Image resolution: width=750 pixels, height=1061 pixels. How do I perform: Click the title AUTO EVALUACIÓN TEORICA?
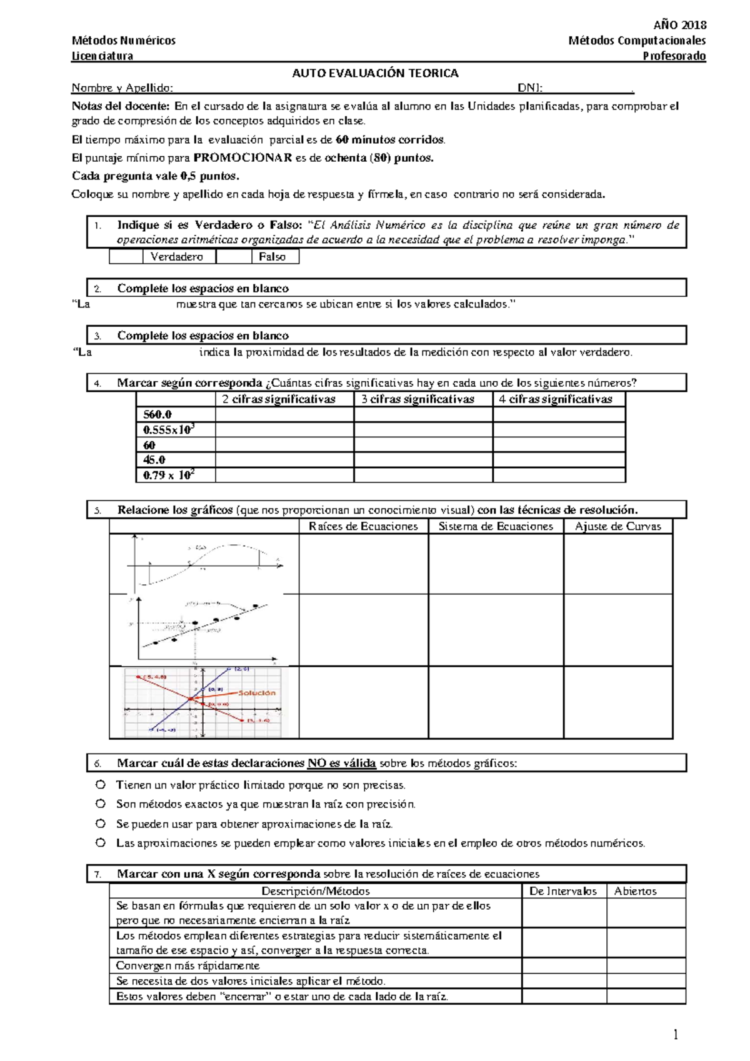[x=375, y=73]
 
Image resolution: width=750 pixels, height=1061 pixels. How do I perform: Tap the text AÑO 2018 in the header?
[x=679, y=25]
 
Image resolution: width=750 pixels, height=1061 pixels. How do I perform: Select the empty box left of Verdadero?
[x=126, y=257]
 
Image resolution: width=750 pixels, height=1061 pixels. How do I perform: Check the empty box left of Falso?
[x=234, y=257]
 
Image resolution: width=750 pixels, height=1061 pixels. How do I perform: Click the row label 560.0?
[x=157, y=414]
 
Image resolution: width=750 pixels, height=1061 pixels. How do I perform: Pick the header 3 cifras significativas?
[x=417, y=399]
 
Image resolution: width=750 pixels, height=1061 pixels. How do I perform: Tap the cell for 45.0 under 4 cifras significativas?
[x=559, y=460]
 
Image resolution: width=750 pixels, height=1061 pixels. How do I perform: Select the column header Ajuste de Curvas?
[x=617, y=526]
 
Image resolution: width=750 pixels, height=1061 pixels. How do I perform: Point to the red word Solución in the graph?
[x=256, y=692]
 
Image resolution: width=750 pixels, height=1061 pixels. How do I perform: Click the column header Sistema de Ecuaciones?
[x=496, y=526]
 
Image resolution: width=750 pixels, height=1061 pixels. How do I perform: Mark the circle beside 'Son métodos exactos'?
[x=100, y=804]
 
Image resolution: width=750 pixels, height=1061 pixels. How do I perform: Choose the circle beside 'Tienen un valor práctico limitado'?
[x=100, y=784]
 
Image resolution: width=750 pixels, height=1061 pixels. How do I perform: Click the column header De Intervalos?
[x=562, y=891]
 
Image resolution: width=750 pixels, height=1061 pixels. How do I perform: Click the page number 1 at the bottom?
[x=676, y=1034]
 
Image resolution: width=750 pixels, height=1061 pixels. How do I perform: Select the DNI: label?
[x=529, y=87]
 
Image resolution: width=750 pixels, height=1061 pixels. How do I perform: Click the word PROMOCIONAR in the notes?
[x=242, y=157]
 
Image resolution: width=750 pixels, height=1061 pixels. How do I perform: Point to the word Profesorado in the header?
[x=674, y=56]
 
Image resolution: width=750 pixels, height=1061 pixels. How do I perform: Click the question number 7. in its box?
[x=97, y=874]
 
